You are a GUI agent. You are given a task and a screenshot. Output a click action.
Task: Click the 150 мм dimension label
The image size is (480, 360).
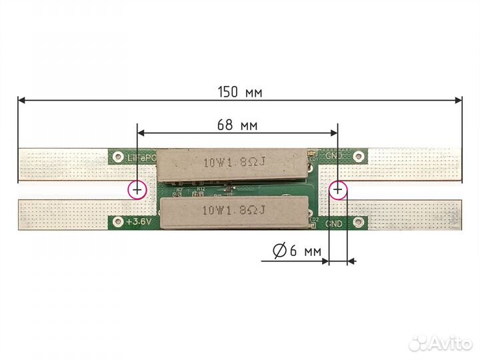(239, 93)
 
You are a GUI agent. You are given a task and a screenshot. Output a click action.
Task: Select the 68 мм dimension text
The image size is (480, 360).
(237, 125)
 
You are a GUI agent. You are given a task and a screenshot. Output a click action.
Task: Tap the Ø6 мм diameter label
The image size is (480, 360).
(297, 251)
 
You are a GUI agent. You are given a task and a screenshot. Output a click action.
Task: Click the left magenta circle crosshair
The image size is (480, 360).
(137, 190)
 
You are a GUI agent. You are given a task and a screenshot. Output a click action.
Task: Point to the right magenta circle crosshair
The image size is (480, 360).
(338, 190)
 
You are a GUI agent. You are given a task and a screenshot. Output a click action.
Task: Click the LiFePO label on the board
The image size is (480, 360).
(141, 158)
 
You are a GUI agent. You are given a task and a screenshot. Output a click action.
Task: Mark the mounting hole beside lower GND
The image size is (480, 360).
(359, 222)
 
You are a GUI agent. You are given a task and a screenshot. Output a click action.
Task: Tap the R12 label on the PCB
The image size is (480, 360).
(200, 189)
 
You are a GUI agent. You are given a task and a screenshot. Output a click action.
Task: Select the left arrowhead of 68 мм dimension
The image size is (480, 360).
(140, 132)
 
